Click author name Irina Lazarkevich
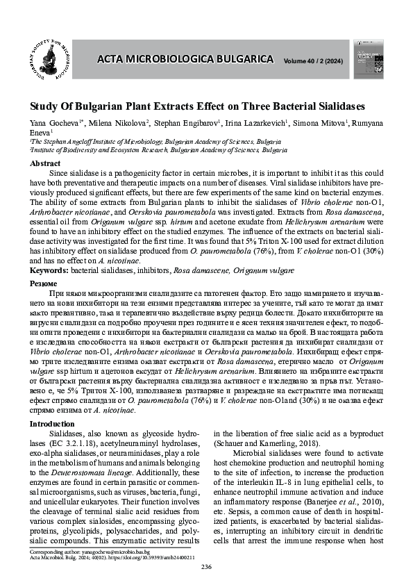pos(253,124)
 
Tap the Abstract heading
pos(44,163)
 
